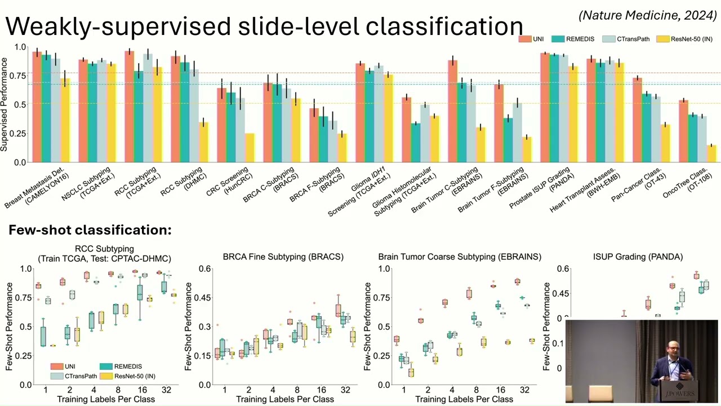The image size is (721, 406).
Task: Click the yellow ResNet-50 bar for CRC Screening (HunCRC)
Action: click(250, 148)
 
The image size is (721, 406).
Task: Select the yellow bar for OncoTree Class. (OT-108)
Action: click(711, 153)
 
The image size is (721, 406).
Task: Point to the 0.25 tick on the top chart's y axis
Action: click(19, 133)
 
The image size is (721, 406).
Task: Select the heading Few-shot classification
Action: click(90, 230)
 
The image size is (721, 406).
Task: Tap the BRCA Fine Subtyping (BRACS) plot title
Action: click(283, 257)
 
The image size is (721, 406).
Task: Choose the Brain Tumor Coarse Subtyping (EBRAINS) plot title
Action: click(460, 257)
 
